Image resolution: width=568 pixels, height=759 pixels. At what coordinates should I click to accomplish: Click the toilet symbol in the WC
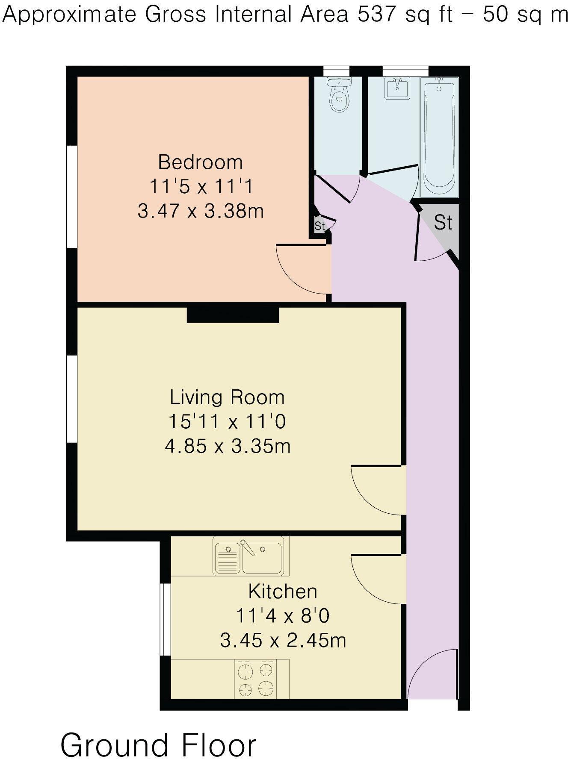tap(339, 95)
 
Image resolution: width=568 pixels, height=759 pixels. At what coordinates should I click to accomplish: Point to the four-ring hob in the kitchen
tap(255, 679)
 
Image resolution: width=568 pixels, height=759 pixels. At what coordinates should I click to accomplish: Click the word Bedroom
tap(200, 162)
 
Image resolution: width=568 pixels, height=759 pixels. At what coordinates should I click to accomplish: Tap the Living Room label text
tap(227, 397)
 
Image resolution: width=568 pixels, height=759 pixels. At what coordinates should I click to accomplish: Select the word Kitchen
tap(283, 592)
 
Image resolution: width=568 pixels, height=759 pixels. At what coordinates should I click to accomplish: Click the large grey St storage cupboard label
tap(443, 223)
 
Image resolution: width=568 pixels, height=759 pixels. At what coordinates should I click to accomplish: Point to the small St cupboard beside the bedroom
tap(320, 226)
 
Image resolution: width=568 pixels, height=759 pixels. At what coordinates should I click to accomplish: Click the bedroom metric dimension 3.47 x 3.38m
tap(200, 211)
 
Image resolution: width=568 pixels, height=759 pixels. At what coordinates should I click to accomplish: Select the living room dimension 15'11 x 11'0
tap(227, 422)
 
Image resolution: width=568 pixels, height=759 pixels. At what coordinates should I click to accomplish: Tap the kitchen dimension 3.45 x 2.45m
tap(283, 641)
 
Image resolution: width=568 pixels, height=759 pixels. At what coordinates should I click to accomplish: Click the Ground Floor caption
tap(158, 734)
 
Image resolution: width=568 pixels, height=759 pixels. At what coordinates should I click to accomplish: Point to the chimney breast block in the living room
tap(233, 315)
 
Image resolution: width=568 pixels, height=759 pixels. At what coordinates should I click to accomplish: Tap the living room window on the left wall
tap(72, 398)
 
